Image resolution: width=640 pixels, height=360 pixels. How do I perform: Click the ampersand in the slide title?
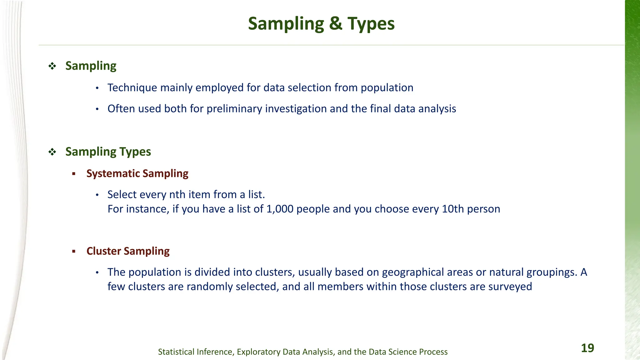point(336,24)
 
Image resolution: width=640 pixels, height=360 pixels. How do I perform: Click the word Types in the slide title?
point(371,24)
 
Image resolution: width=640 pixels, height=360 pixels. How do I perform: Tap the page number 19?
point(587,348)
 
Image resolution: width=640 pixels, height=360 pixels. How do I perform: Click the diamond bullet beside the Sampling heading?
point(52,66)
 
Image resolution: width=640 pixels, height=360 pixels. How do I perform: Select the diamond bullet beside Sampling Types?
point(52,152)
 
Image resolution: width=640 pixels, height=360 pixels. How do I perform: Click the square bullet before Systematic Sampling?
point(74,174)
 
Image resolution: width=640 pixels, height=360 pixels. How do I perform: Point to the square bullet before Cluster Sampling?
point(74,251)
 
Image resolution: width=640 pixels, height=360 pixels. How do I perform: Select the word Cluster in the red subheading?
point(103,251)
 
